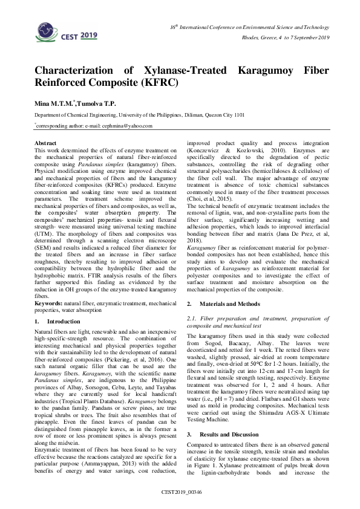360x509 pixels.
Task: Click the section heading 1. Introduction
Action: click(x=54, y=322)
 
